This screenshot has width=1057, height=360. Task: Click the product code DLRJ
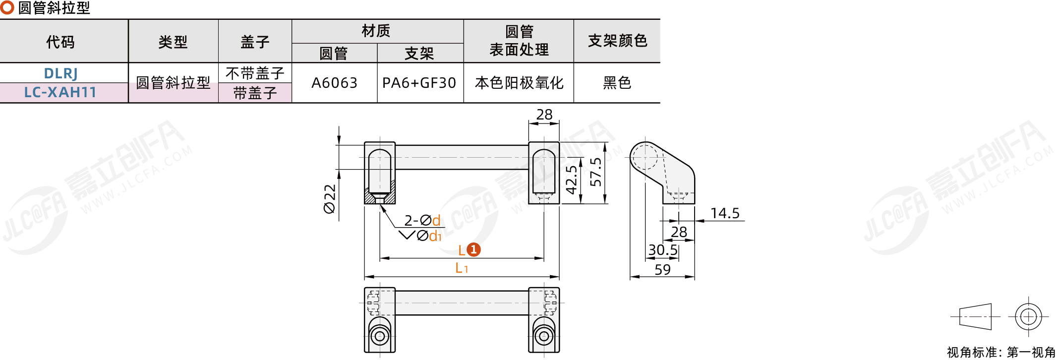click(x=60, y=73)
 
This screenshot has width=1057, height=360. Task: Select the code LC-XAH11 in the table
click(x=60, y=92)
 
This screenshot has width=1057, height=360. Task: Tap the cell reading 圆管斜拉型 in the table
click(x=173, y=82)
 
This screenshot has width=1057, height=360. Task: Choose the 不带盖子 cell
click(x=255, y=73)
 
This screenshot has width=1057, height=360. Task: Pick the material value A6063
click(x=334, y=83)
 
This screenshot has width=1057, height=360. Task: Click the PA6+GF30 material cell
click(x=419, y=83)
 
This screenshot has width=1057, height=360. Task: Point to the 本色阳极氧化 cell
click(x=519, y=83)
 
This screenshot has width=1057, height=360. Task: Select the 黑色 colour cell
click(x=617, y=83)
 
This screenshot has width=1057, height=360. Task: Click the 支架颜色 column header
click(x=617, y=41)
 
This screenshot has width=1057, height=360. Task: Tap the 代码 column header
click(x=60, y=42)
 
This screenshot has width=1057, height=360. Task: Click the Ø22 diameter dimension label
click(x=330, y=199)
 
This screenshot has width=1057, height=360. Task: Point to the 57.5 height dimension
click(x=596, y=172)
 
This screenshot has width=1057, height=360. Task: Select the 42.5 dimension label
click(x=572, y=180)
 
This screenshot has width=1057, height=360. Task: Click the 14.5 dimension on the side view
click(x=725, y=213)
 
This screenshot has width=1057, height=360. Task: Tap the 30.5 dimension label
click(x=663, y=250)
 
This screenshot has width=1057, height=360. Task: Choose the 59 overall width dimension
click(x=662, y=270)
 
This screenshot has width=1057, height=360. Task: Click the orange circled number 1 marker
click(x=474, y=249)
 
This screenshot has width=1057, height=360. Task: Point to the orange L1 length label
click(x=462, y=268)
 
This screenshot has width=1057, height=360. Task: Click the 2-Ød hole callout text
click(x=422, y=220)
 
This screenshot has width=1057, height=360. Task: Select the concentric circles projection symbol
click(x=1028, y=316)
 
